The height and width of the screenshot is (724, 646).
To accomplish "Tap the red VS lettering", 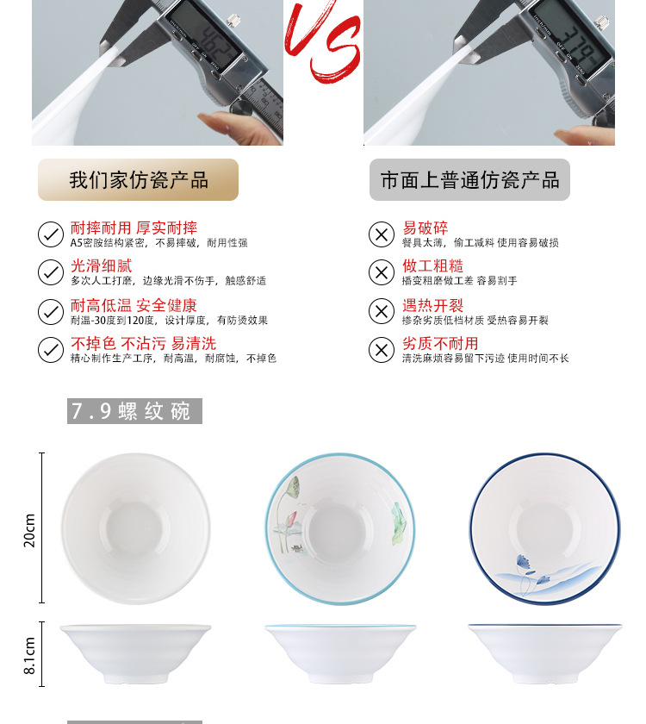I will [322, 43].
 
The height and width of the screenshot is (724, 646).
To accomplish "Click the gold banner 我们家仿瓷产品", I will [138, 180].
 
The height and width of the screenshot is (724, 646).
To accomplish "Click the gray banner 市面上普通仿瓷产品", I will [469, 180].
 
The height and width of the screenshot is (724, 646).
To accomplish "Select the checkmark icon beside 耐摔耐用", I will [51, 234].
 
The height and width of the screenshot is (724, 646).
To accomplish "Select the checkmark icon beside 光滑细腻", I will [51, 272].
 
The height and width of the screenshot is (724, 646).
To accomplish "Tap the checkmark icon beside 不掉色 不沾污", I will [51, 350].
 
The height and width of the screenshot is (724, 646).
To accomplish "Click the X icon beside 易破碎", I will [381, 234].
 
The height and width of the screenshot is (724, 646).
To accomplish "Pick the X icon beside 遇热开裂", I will [381, 311].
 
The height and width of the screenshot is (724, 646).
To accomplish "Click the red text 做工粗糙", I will [432, 266].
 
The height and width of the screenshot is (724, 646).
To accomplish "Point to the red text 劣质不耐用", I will [440, 344].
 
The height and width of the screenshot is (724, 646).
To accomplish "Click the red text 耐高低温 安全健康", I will [134, 305].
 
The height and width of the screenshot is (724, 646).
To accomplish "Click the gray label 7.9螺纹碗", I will [134, 411].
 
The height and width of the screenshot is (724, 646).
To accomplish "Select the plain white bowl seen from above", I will [135, 527].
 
